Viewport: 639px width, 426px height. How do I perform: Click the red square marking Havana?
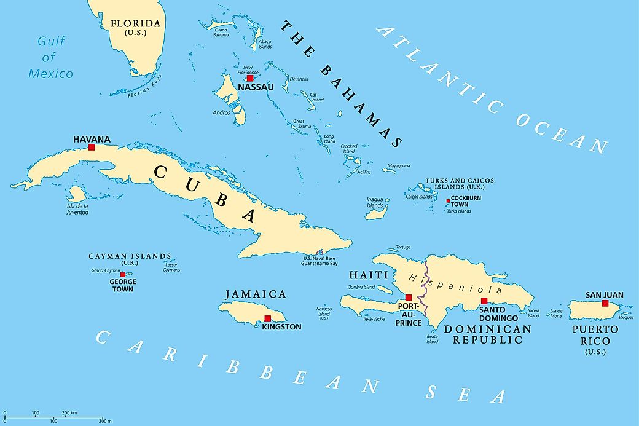[x=92, y=147]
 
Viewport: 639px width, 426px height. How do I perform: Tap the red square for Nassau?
[x=250, y=78]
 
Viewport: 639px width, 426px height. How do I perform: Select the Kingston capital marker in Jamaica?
[x=267, y=318]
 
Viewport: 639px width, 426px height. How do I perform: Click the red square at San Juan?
[x=605, y=303]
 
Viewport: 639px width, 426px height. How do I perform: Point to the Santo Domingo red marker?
[x=484, y=301]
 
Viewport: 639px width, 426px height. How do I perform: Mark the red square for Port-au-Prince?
[x=409, y=298]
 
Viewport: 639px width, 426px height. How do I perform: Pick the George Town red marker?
[x=123, y=274]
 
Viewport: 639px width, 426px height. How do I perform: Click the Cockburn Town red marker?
[x=448, y=201]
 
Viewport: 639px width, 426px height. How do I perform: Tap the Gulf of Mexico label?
[x=50, y=58]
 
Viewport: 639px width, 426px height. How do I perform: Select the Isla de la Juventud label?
[x=78, y=209]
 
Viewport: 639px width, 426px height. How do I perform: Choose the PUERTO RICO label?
[x=595, y=335]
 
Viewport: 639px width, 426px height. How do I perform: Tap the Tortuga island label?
[x=403, y=248]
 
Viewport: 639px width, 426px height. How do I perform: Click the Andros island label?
[x=221, y=113]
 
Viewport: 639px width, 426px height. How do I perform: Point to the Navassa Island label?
[x=324, y=314]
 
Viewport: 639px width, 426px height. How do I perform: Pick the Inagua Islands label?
[x=375, y=203]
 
